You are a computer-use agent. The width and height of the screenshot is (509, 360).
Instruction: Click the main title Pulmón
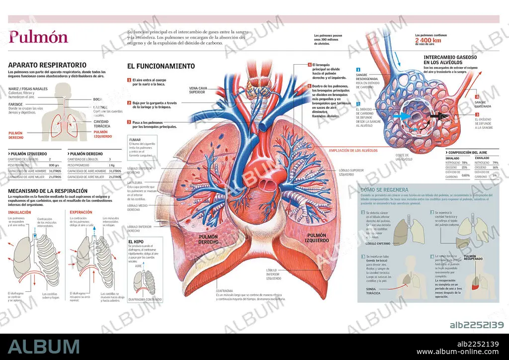pos(38,37)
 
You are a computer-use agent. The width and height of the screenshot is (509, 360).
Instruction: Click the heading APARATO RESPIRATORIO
pos(47,65)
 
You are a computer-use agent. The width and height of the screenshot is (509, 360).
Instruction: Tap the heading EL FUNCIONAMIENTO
pos(161,66)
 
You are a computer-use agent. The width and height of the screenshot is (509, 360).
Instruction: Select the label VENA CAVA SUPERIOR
pos(197,90)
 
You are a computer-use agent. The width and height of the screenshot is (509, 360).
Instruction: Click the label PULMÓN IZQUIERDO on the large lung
pos(317,238)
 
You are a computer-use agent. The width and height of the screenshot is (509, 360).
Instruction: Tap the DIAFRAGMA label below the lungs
pos(225,290)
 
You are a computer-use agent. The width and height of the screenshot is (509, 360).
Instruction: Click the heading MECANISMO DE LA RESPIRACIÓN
pos(48,191)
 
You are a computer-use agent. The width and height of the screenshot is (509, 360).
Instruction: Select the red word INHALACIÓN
pos(20,213)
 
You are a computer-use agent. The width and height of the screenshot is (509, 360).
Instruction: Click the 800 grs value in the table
pos(55,165)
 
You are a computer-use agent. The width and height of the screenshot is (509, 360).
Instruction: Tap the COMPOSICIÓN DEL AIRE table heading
pos(473,152)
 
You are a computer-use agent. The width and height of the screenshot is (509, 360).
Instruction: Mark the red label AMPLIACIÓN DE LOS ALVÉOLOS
pos(353,150)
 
